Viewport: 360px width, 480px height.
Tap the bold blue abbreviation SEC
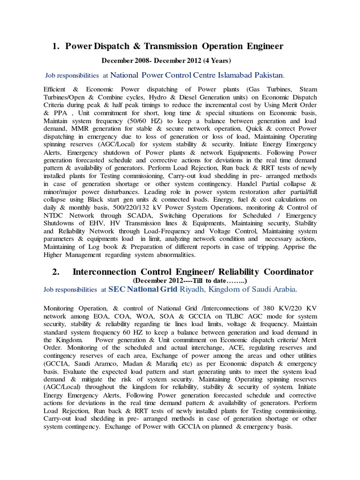tap(117, 289)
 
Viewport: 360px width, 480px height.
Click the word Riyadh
tap(193, 289)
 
